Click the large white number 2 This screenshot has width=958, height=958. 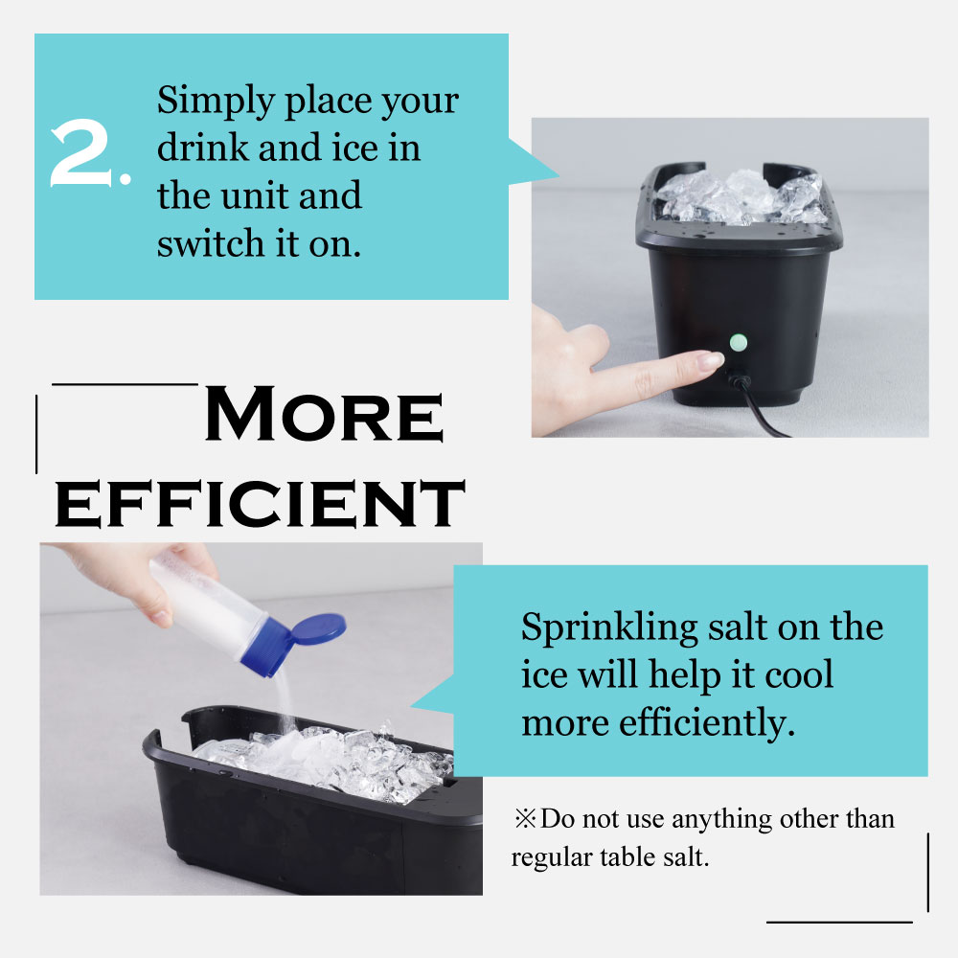[x=81, y=152]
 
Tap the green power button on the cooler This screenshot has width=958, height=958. [x=739, y=343]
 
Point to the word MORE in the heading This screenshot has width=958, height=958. [x=324, y=414]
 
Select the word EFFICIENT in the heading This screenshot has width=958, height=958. [x=260, y=504]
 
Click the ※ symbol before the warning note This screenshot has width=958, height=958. [x=525, y=818]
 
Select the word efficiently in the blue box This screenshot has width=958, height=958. [x=707, y=724]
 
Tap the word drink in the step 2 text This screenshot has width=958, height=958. [x=203, y=148]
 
